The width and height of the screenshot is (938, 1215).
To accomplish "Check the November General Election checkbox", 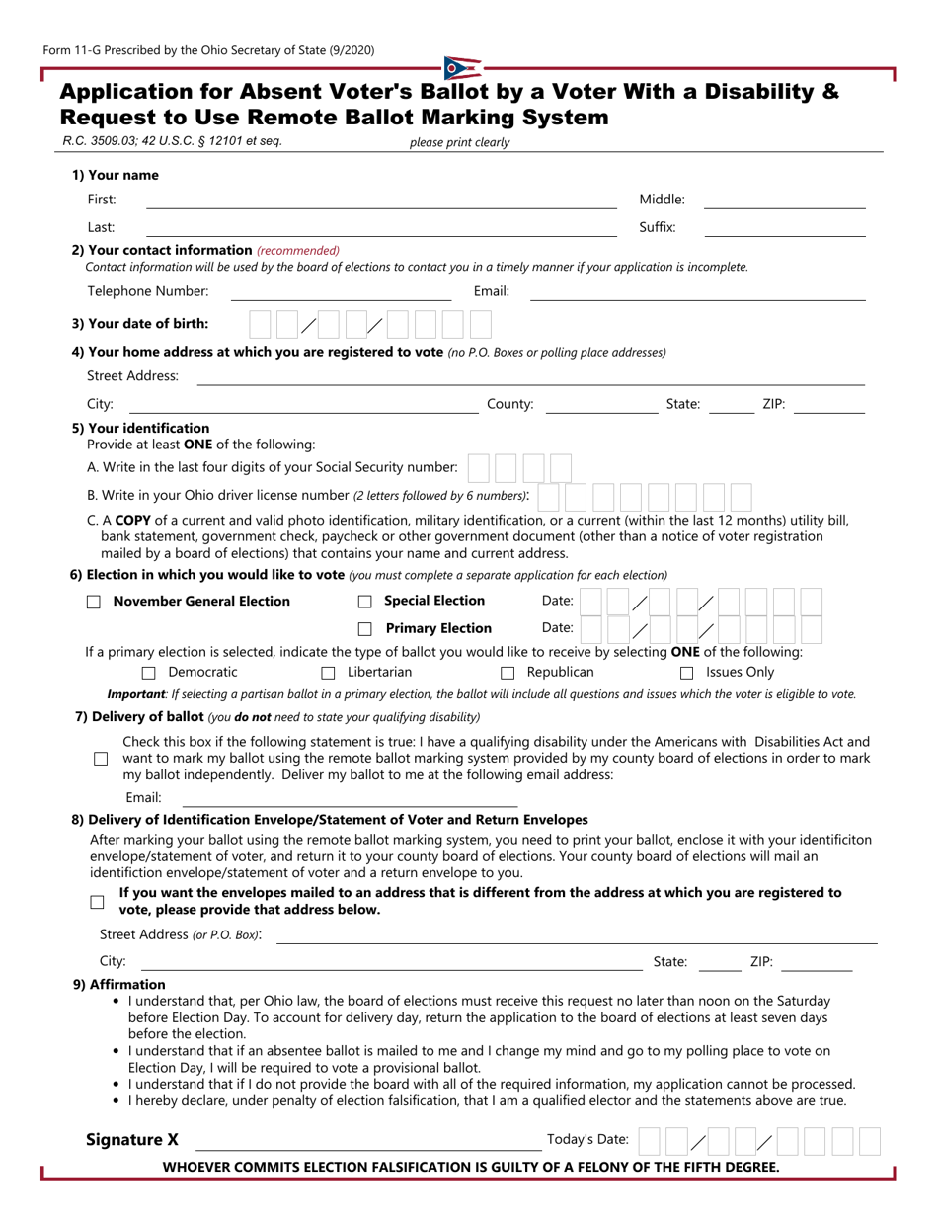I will click(94, 602).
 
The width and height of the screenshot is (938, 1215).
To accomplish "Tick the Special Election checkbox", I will click(364, 602).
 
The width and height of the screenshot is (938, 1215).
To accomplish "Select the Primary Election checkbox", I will click(364, 629).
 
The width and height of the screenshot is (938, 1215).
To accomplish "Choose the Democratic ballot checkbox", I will click(149, 674).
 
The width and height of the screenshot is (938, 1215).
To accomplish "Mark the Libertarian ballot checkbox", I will click(329, 674).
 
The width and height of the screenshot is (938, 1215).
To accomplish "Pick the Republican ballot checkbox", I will click(508, 674).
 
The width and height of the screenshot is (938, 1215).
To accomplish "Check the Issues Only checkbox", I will click(687, 674).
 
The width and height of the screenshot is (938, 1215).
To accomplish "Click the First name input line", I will click(381, 202).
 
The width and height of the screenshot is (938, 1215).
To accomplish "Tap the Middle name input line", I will click(784, 202).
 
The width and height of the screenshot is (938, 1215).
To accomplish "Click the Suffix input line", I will click(784, 229).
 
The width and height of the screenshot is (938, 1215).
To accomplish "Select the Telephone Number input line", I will click(341, 292).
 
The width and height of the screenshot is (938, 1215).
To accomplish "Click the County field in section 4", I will click(600, 405).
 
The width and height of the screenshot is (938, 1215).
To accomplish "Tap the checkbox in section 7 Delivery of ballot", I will click(101, 759).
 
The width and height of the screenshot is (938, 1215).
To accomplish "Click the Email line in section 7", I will click(350, 799).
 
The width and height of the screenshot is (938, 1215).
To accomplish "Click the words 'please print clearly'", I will click(459, 142).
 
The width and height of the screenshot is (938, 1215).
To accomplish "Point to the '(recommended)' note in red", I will click(298, 251).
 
